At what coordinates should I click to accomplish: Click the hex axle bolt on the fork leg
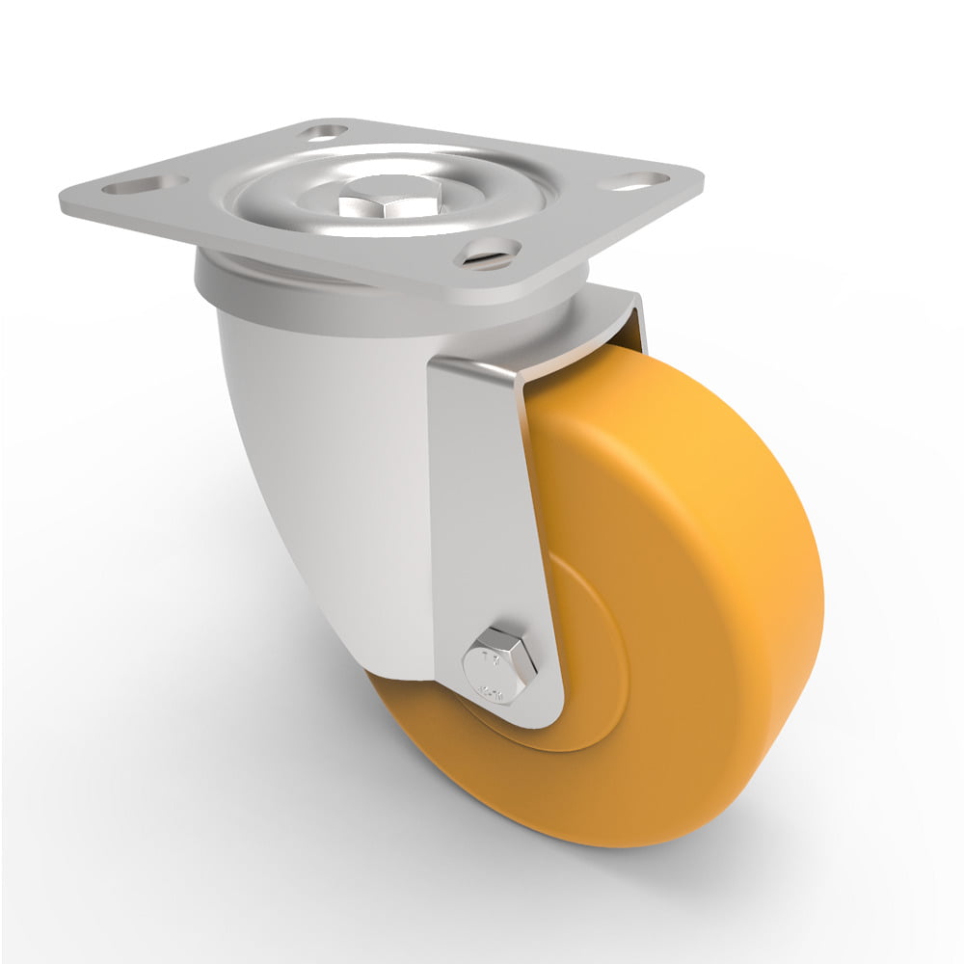pyautogui.click(x=495, y=663)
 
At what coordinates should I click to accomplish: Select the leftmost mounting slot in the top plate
pyautogui.click(x=146, y=183)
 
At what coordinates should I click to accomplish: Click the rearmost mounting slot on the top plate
pyautogui.click(x=324, y=130)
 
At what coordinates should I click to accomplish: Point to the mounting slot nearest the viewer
pyautogui.click(x=490, y=253)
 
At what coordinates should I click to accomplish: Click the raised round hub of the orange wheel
pyautogui.click(x=588, y=656)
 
